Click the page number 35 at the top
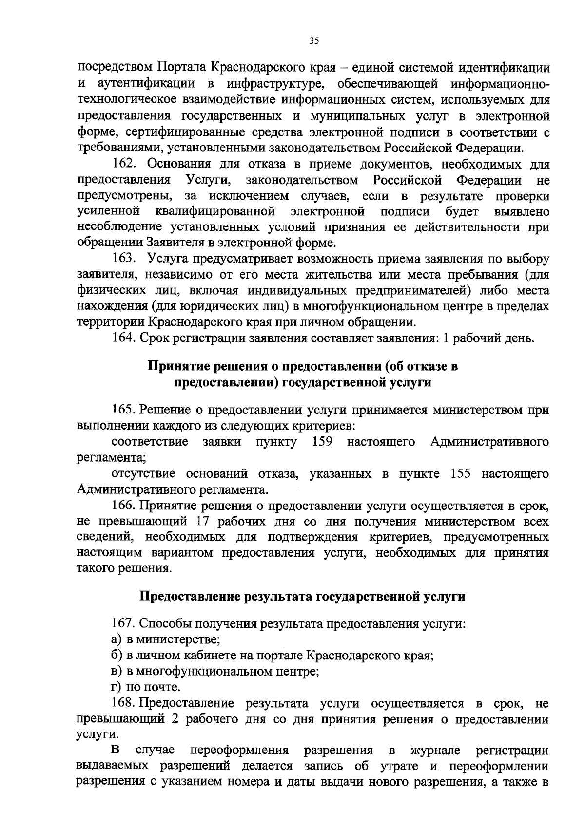[x=314, y=41]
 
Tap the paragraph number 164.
[x=123, y=338]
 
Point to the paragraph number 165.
[x=123, y=410]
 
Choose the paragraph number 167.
[x=123, y=623]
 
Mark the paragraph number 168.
[x=123, y=703]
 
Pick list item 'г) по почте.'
[x=146, y=687]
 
